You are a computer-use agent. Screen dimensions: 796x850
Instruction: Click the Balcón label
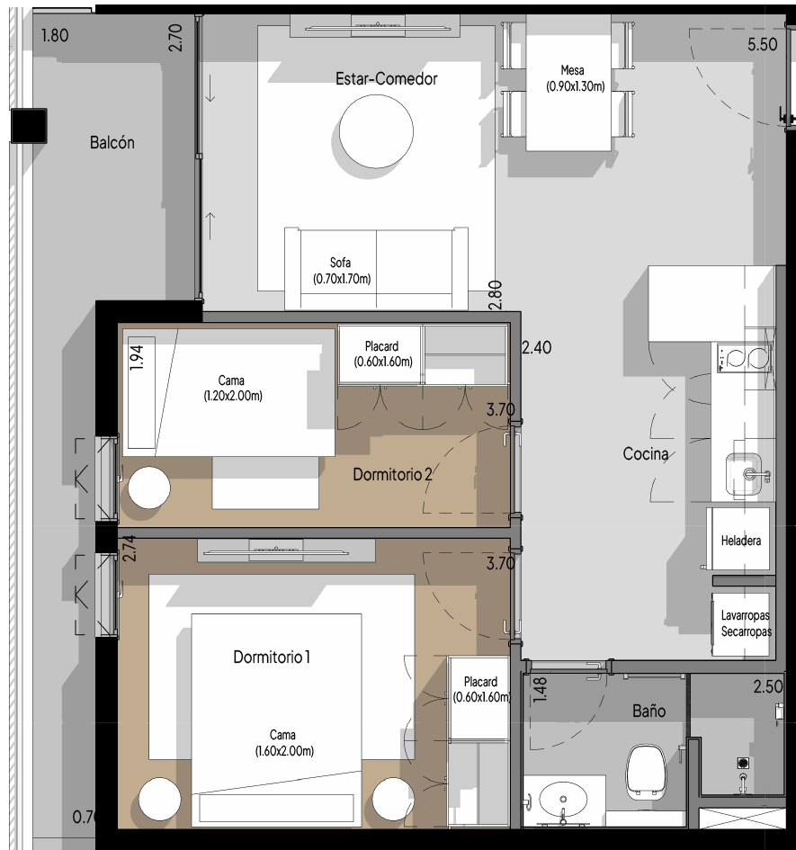pos(112,143)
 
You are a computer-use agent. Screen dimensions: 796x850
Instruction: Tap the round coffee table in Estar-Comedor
pos(376,131)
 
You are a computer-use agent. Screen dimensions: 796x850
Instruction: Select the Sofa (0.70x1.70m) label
pos(342,271)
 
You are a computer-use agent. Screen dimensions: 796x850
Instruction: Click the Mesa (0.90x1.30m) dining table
pos(568,83)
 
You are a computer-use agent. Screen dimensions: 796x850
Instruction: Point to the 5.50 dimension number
pos(762,44)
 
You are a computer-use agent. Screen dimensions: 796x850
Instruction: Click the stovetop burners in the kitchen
pos(744,358)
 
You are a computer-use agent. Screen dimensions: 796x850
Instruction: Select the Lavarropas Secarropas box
pos(741,624)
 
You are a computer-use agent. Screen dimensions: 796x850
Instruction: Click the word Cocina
pos(645,453)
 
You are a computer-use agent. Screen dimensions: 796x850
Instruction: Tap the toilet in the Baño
pos(646,772)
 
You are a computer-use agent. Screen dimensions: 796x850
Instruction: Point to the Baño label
pos(648,711)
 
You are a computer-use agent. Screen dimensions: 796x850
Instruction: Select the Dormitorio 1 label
pos(271,657)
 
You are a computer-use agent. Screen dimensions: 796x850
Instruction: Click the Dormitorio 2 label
pos(392,474)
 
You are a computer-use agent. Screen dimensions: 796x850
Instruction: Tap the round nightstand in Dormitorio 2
pos(149,488)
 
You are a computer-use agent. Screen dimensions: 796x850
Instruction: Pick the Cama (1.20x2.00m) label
pos(233,389)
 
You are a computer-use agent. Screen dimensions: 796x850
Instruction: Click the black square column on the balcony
pos(29,126)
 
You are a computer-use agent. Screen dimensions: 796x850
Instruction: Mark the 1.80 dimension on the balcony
pos(55,36)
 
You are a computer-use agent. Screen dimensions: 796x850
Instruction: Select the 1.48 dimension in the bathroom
pos(541,690)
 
